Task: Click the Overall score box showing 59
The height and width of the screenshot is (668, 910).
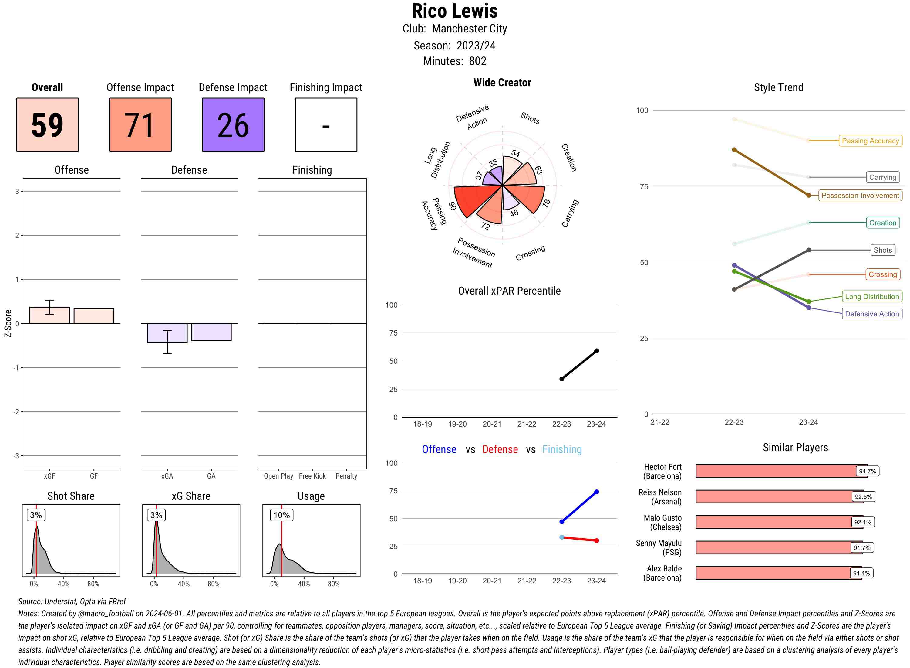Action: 47,124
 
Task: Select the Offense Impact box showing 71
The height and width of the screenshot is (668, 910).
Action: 140,124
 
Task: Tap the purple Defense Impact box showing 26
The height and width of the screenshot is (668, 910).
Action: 233,124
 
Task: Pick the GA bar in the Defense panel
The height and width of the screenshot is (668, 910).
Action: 211,332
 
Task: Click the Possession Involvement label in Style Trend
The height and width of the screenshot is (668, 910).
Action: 860,195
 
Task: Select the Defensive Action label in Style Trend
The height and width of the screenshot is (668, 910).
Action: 872,314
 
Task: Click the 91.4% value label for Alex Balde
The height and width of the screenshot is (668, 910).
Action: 861,573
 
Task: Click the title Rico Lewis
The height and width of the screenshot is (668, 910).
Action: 455,11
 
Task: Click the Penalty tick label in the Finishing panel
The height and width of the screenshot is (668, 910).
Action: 346,476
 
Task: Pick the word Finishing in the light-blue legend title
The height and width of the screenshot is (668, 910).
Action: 562,449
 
